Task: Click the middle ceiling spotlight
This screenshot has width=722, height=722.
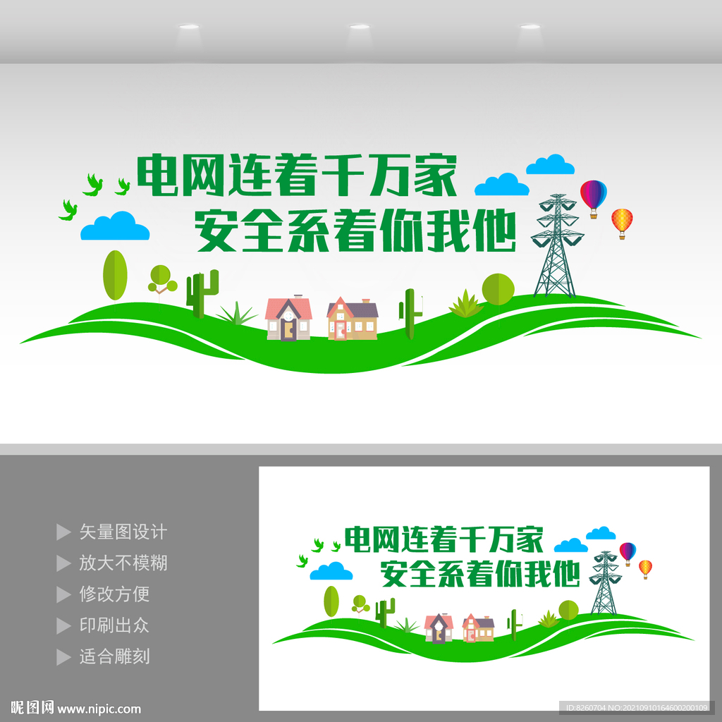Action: click(360, 27)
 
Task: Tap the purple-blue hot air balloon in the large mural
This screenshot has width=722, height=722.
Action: click(593, 198)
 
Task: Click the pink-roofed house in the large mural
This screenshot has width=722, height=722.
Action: click(288, 318)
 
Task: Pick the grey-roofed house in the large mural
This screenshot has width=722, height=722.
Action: click(353, 319)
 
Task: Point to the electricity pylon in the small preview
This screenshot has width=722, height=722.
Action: click(604, 582)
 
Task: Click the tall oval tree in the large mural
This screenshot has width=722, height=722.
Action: click(115, 276)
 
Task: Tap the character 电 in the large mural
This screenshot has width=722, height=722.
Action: click(158, 176)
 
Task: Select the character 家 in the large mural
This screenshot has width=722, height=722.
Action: click(434, 176)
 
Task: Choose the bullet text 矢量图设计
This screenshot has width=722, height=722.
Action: click(123, 532)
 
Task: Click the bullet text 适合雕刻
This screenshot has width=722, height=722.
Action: click(115, 656)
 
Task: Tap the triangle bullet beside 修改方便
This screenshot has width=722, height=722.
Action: click(63, 594)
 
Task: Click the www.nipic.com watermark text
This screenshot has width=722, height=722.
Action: click(99, 709)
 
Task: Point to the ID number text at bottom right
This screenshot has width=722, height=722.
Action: click(636, 708)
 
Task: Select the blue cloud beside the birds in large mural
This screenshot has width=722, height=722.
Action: click(115, 226)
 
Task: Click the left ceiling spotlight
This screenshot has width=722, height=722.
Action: click(189, 27)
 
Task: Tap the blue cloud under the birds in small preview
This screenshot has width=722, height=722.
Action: click(331, 571)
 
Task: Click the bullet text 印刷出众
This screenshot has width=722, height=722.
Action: click(115, 625)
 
